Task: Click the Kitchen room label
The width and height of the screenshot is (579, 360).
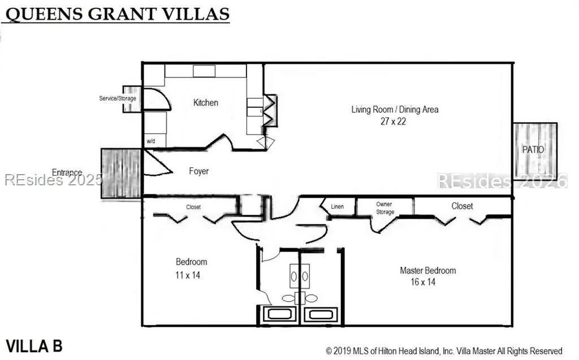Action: click(x=206, y=103)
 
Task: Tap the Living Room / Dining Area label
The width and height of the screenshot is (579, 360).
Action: click(x=395, y=109)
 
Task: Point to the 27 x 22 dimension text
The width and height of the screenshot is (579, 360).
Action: click(x=394, y=121)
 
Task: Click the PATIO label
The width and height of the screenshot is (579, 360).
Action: click(x=533, y=150)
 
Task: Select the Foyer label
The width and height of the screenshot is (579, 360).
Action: click(x=198, y=171)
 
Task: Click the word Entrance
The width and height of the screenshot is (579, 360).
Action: click(x=67, y=172)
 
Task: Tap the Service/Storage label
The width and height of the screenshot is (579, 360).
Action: click(x=118, y=98)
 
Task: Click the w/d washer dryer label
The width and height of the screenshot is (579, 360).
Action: click(x=150, y=141)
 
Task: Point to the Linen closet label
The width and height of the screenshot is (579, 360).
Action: click(x=337, y=206)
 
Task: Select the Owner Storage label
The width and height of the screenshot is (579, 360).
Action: click(x=384, y=208)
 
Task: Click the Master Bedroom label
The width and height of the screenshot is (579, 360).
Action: click(x=427, y=270)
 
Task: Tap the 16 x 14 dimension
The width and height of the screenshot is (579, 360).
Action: click(x=423, y=282)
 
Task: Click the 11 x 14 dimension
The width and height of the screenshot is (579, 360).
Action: click(x=188, y=275)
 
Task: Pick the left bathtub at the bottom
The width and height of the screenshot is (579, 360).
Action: click(x=279, y=314)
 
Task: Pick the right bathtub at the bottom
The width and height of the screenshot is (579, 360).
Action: click(x=321, y=314)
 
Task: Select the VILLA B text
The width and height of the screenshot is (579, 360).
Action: click(x=34, y=346)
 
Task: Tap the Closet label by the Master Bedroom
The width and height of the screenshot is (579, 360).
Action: click(x=462, y=206)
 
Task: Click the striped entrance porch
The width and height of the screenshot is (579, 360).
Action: click(x=121, y=174)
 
